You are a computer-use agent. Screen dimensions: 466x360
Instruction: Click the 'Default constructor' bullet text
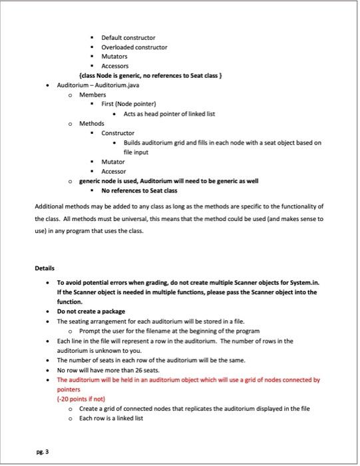128,37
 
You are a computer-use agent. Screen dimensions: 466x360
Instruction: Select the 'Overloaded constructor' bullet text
134,47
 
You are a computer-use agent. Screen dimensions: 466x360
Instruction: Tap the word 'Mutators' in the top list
114,57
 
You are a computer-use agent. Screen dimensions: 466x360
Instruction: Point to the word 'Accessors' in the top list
116,67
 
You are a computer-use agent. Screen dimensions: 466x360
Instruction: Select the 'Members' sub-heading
92,95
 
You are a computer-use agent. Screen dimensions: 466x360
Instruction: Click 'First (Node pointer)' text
128,105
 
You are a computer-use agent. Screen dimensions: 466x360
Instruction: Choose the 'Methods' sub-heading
92,124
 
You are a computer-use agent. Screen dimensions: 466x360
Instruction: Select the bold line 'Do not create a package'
91,311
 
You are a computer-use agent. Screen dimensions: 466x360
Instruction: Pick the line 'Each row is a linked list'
111,418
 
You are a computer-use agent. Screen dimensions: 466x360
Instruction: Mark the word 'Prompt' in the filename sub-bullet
90,331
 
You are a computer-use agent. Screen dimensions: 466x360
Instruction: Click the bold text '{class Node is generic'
114,76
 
